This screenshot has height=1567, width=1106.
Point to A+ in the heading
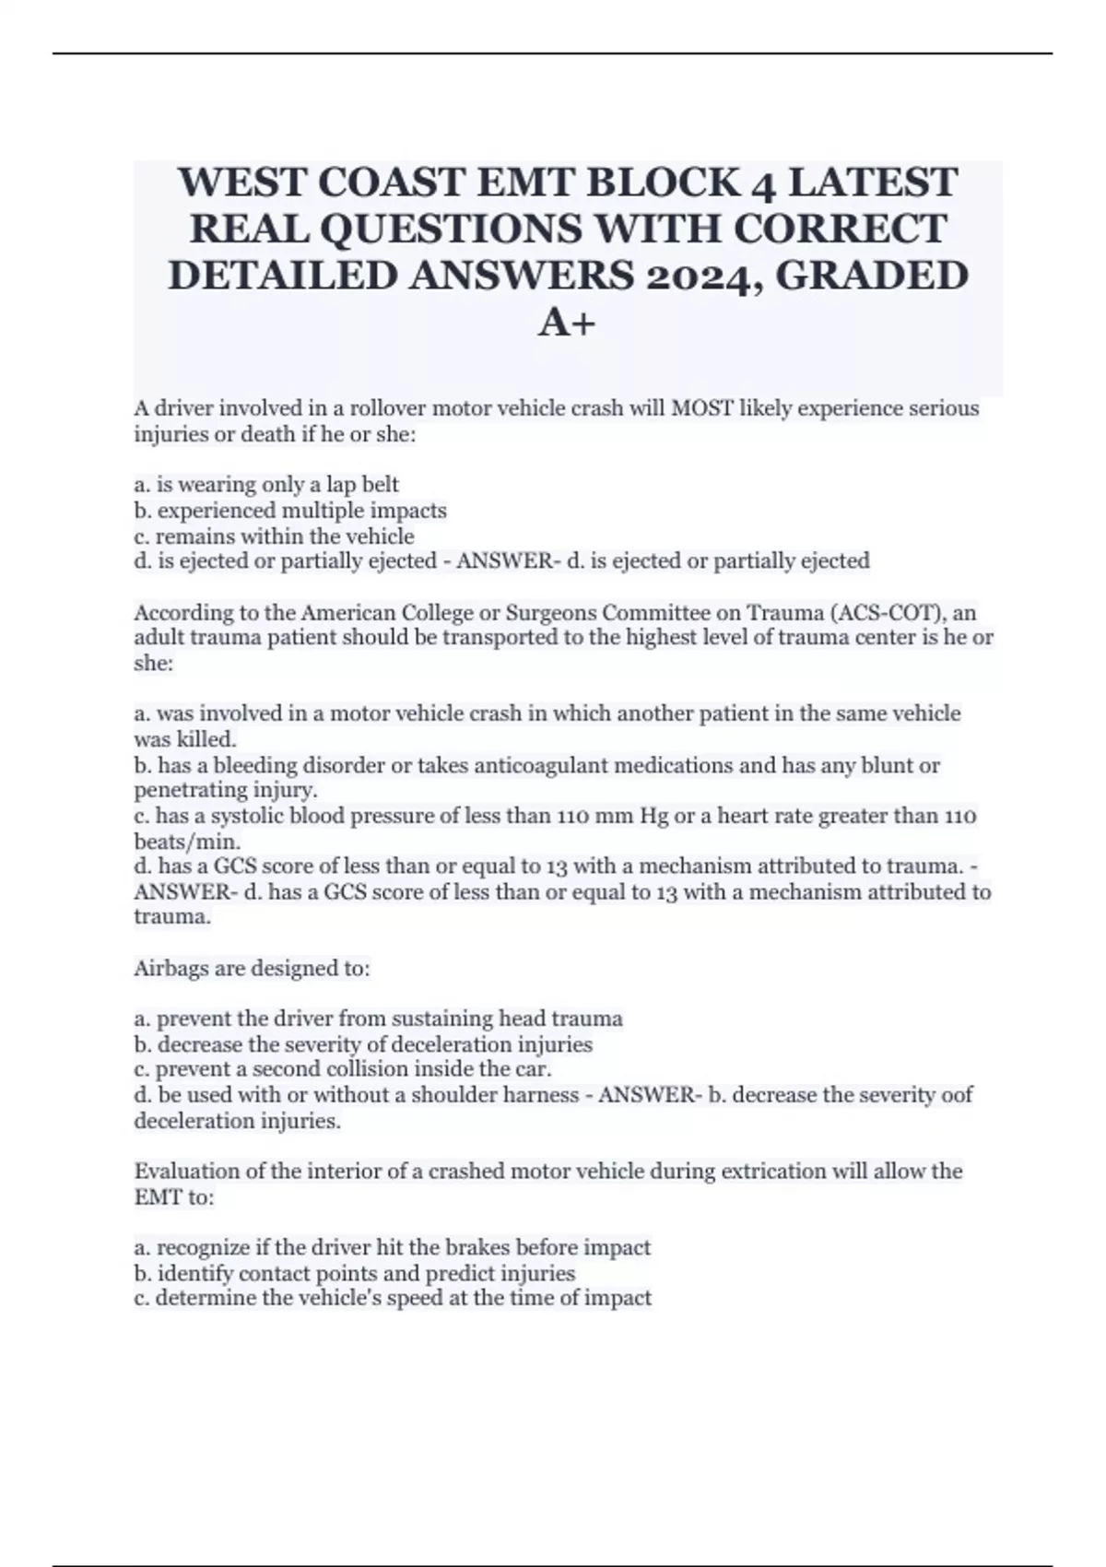pos(567,322)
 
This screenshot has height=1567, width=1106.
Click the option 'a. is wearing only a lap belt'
pos(266,484)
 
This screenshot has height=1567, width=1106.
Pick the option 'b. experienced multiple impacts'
pos(290,510)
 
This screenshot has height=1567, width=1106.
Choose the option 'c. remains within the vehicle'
pos(274,536)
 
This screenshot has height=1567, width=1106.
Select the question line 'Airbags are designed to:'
pos(252,968)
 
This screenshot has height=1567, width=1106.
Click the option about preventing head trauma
pos(378,1019)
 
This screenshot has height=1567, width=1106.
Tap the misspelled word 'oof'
pos(955,1095)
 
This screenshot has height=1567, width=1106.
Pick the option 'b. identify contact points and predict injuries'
pos(355,1274)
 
